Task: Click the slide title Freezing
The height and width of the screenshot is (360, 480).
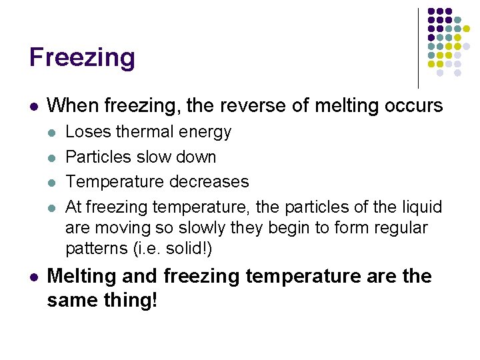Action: pos(82,57)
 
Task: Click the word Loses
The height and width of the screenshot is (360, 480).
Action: pos(83,132)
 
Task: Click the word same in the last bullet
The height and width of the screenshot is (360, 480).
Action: pos(71,299)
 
